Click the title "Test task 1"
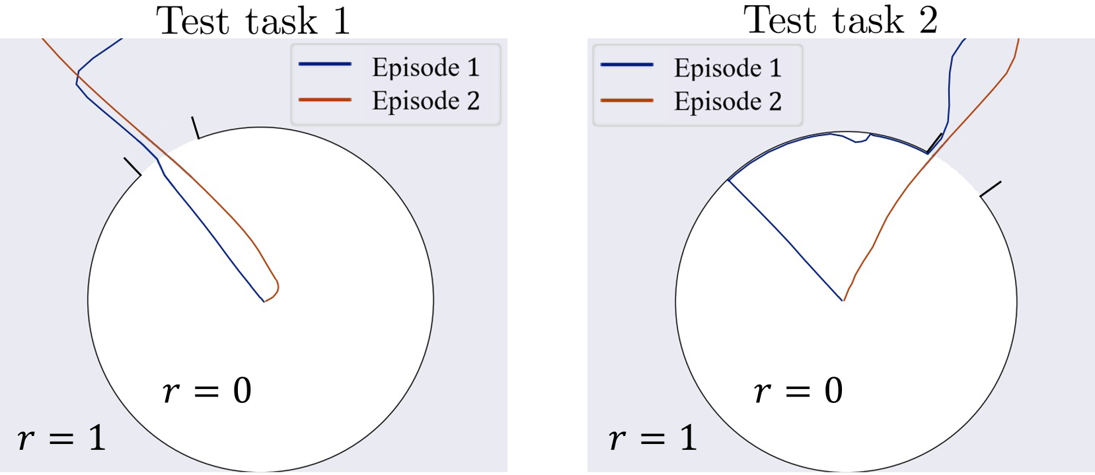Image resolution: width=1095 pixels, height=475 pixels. coord(253,20)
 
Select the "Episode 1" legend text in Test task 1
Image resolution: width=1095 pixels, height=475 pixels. coord(426,67)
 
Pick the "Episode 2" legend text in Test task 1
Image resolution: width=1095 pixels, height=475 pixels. coord(426,101)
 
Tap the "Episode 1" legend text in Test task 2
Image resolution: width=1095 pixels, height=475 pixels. coord(728,68)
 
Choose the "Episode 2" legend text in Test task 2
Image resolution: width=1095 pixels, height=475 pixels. coord(728,102)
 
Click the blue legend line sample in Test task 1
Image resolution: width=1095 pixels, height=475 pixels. coord(324,65)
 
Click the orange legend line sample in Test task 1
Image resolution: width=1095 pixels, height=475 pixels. coord(324,100)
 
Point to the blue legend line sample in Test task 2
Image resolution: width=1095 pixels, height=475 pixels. coord(626,65)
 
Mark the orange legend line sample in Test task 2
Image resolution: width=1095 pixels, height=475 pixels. coord(626,100)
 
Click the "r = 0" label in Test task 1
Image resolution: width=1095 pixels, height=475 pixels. coord(207,390)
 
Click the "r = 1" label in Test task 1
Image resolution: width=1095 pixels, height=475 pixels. coord(61,438)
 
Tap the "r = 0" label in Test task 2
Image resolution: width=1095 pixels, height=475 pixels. coord(798,390)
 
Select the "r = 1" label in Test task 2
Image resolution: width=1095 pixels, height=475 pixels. coord(653,438)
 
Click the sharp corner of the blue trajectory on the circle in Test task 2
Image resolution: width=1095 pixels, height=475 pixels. coord(728,180)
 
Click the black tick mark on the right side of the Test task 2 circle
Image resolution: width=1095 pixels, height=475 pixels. coord(990,189)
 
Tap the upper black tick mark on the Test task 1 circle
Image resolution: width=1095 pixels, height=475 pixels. coord(196,128)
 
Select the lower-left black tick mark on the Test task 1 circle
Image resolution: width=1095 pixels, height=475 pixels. coord(132,166)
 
